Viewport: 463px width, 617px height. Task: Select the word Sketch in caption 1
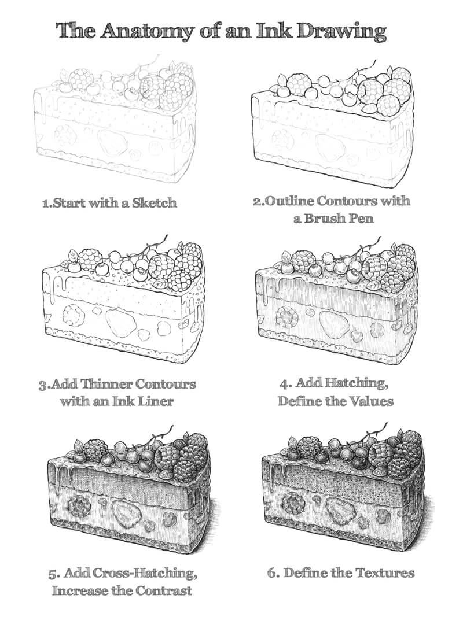pos(154,204)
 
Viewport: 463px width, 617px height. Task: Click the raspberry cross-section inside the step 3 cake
pos(74,315)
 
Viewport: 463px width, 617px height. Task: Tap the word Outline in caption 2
pos(289,201)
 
